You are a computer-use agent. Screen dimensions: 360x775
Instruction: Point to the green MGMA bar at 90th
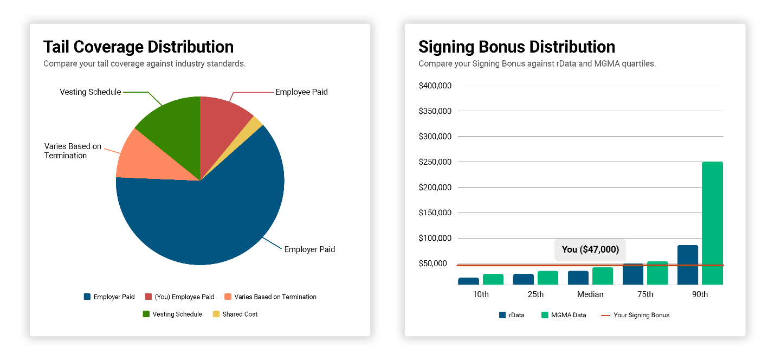pyautogui.click(x=712, y=222)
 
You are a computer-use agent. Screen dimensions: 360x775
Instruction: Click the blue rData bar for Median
pyautogui.click(x=578, y=278)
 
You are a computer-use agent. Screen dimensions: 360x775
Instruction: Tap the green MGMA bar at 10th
pyautogui.click(x=493, y=279)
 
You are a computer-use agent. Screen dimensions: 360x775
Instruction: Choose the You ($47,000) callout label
pyautogui.click(x=590, y=249)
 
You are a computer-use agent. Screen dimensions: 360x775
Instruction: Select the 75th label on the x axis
pyautogui.click(x=645, y=294)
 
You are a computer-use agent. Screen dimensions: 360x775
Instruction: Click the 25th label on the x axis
pyautogui.click(x=535, y=294)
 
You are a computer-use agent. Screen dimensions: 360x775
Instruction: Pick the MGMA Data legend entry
pyautogui.click(x=563, y=315)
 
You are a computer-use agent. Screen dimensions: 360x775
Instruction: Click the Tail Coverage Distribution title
pyautogui.click(x=138, y=47)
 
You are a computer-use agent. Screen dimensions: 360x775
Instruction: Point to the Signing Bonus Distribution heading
pyautogui.click(x=516, y=47)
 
